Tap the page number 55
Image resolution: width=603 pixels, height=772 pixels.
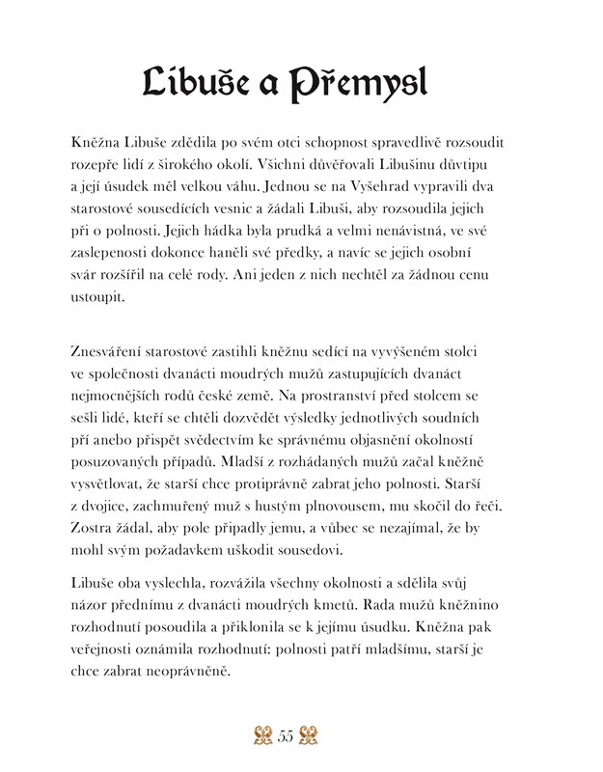coord(286,738)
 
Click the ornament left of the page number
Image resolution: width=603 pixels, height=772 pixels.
coord(258,738)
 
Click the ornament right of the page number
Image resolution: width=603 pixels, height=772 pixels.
coord(314,738)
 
